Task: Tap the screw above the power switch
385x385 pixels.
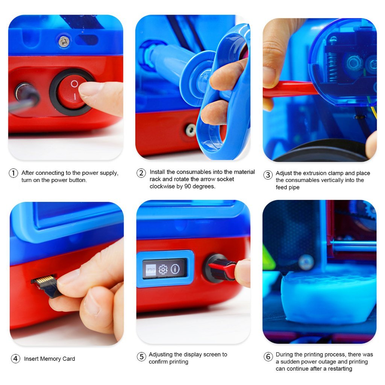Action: (x=64, y=41)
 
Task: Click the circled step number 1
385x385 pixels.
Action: (x=13, y=173)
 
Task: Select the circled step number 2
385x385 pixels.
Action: (x=141, y=173)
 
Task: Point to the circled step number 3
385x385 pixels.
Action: (x=268, y=175)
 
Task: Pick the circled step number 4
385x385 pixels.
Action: (x=15, y=359)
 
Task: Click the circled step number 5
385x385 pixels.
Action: (x=141, y=356)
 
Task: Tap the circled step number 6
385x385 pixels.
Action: (x=268, y=356)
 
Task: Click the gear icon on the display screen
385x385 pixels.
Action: (x=163, y=270)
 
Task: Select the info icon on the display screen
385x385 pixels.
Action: (x=175, y=269)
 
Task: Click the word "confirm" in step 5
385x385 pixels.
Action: (x=158, y=362)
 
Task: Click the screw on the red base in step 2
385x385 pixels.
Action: (x=191, y=130)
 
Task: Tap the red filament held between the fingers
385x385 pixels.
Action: (x=290, y=89)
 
